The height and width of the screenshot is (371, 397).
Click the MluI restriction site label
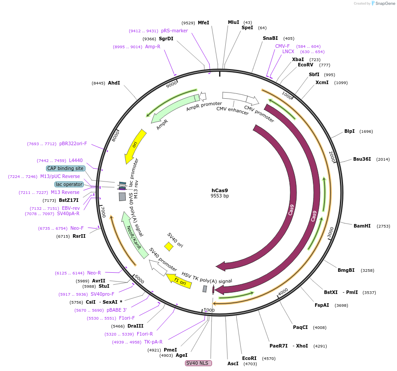(233, 22)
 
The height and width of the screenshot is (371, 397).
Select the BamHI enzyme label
(362, 226)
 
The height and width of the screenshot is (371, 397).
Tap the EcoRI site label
(249, 358)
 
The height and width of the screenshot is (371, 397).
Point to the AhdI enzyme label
(114, 83)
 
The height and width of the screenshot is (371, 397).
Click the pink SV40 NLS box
(198, 363)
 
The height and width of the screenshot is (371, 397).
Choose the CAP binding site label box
(66, 168)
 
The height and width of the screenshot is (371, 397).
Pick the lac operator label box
(69, 184)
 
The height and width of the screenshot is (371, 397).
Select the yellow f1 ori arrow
(179, 280)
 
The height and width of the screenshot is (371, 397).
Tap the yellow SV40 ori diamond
(169, 246)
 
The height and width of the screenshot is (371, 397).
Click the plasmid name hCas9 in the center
(220, 190)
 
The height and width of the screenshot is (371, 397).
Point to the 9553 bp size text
(220, 196)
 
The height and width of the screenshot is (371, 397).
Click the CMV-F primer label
(282, 46)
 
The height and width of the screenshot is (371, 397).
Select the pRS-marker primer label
(174, 31)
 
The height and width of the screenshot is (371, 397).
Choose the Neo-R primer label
(94, 273)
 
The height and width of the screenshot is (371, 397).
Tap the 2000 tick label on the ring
(332, 156)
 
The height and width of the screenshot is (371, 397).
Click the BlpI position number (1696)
(366, 131)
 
